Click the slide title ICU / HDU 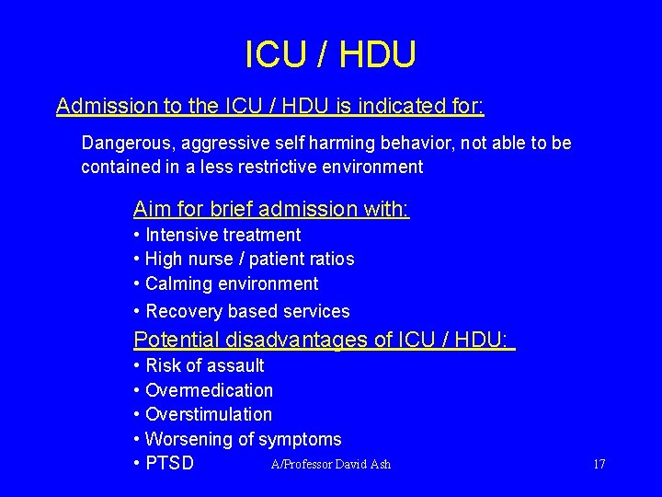pos(330,55)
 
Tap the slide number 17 pos(599,464)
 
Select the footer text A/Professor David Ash pos(331,464)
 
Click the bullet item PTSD pos(169,463)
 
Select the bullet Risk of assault pos(204,365)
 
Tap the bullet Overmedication pos(209,390)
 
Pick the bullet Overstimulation pos(209,414)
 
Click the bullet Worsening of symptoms pos(243,439)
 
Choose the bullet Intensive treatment pos(223,235)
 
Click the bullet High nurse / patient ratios pos(249,260)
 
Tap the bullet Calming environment pos(232,283)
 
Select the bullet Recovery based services pos(247,311)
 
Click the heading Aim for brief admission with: pos(271,209)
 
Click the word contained pos(119,167)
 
